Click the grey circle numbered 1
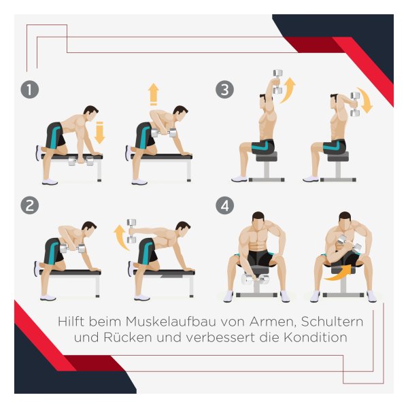click(x=30, y=90)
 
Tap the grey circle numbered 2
click(x=30, y=205)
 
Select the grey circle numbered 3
click(x=224, y=90)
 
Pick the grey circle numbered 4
click(x=224, y=205)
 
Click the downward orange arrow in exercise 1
click(x=99, y=133)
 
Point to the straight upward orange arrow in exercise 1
click(x=154, y=95)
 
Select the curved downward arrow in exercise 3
click(x=366, y=100)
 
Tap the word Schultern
click(x=332, y=322)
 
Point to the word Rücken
click(x=128, y=337)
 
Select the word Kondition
click(x=316, y=337)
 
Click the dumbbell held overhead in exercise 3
click(x=278, y=82)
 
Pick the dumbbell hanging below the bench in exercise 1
click(x=81, y=161)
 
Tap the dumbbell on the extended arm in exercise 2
click(x=131, y=231)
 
